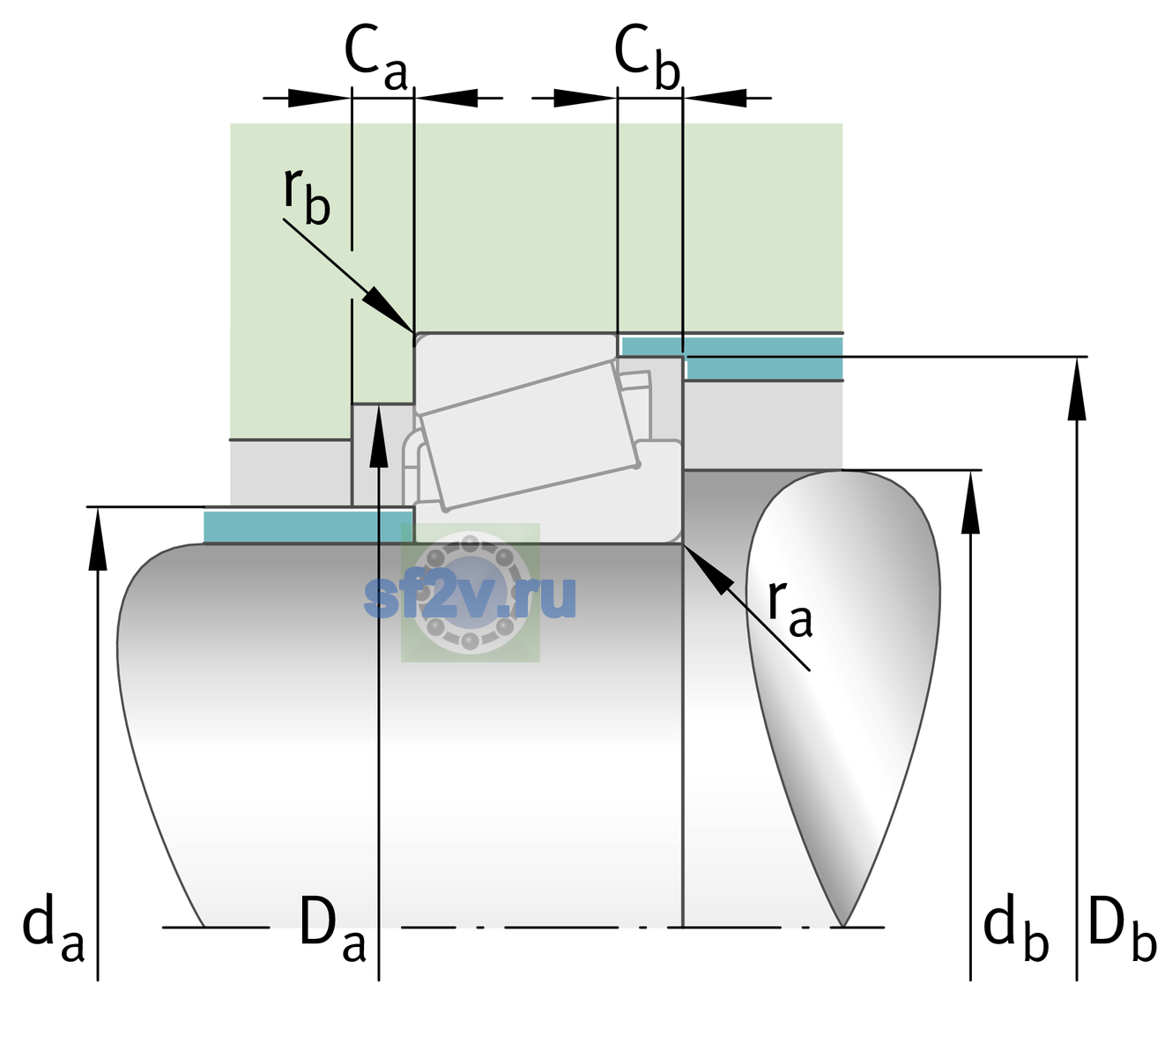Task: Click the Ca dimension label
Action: point(375,58)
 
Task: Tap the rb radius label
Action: point(307,196)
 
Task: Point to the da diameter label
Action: point(54,928)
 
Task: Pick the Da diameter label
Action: point(333,928)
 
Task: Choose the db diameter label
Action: point(1016,928)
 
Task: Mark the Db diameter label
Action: point(1123,928)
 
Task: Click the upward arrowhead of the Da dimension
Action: point(379,436)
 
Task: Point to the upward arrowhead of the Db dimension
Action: point(1077,388)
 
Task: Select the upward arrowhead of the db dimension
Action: point(970,502)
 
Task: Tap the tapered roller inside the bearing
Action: point(530,436)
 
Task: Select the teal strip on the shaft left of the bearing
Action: point(308,526)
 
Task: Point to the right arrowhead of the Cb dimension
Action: point(716,98)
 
